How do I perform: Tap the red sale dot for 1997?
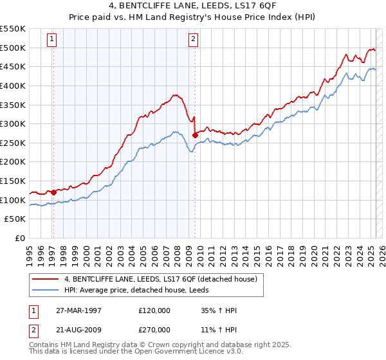click(54, 192)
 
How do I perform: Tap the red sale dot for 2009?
click(195, 135)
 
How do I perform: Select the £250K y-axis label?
click(13, 143)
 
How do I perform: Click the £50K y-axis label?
click(15, 219)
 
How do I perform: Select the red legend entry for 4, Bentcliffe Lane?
click(160, 279)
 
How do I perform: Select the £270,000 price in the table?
click(154, 329)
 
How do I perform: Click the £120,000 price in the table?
click(154, 310)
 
